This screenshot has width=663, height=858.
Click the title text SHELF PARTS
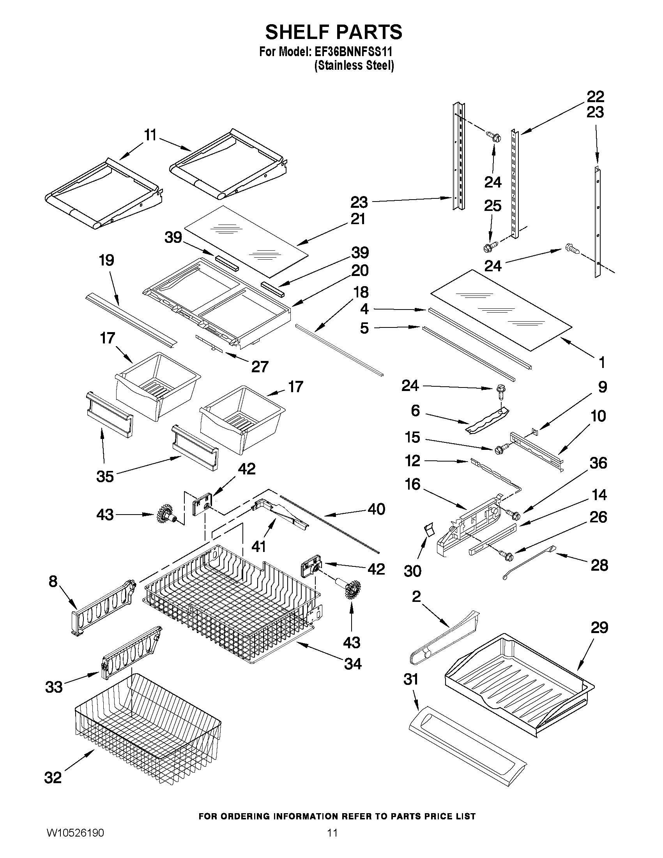pyautogui.click(x=334, y=32)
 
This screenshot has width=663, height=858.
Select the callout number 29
pyautogui.click(x=599, y=627)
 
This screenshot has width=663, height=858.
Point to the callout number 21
pyautogui.click(x=357, y=219)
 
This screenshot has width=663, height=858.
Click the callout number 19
pyautogui.click(x=106, y=260)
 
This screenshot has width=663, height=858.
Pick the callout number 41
pyautogui.click(x=259, y=546)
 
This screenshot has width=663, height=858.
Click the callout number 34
pyautogui.click(x=352, y=664)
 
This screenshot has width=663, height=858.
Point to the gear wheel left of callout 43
pyautogui.click(x=164, y=514)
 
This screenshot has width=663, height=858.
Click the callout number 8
pyautogui.click(x=53, y=581)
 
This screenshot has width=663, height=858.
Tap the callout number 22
pyautogui.click(x=596, y=96)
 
